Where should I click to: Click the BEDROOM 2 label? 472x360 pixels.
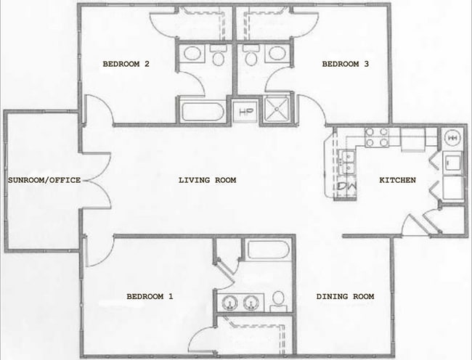(126, 65)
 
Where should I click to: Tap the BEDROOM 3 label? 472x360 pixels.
(346, 65)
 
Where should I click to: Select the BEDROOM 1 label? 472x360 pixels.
(150, 296)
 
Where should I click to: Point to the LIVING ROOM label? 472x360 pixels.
(207, 180)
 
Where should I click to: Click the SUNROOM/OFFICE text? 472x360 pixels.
(44, 180)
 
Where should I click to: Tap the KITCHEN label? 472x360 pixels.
(397, 180)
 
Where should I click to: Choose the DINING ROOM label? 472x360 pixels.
(346, 296)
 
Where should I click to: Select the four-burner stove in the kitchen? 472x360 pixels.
(377, 137)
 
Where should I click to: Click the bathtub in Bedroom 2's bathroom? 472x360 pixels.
(202, 112)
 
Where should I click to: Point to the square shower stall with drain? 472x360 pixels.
(276, 112)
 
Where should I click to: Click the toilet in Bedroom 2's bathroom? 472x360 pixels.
(218, 56)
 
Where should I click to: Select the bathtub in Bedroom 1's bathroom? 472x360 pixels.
(268, 250)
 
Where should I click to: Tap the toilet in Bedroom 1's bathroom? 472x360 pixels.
(278, 300)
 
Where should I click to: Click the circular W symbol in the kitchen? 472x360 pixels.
(451, 136)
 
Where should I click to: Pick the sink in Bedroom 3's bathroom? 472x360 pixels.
(276, 53)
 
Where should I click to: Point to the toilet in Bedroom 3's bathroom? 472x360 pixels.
(251, 56)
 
